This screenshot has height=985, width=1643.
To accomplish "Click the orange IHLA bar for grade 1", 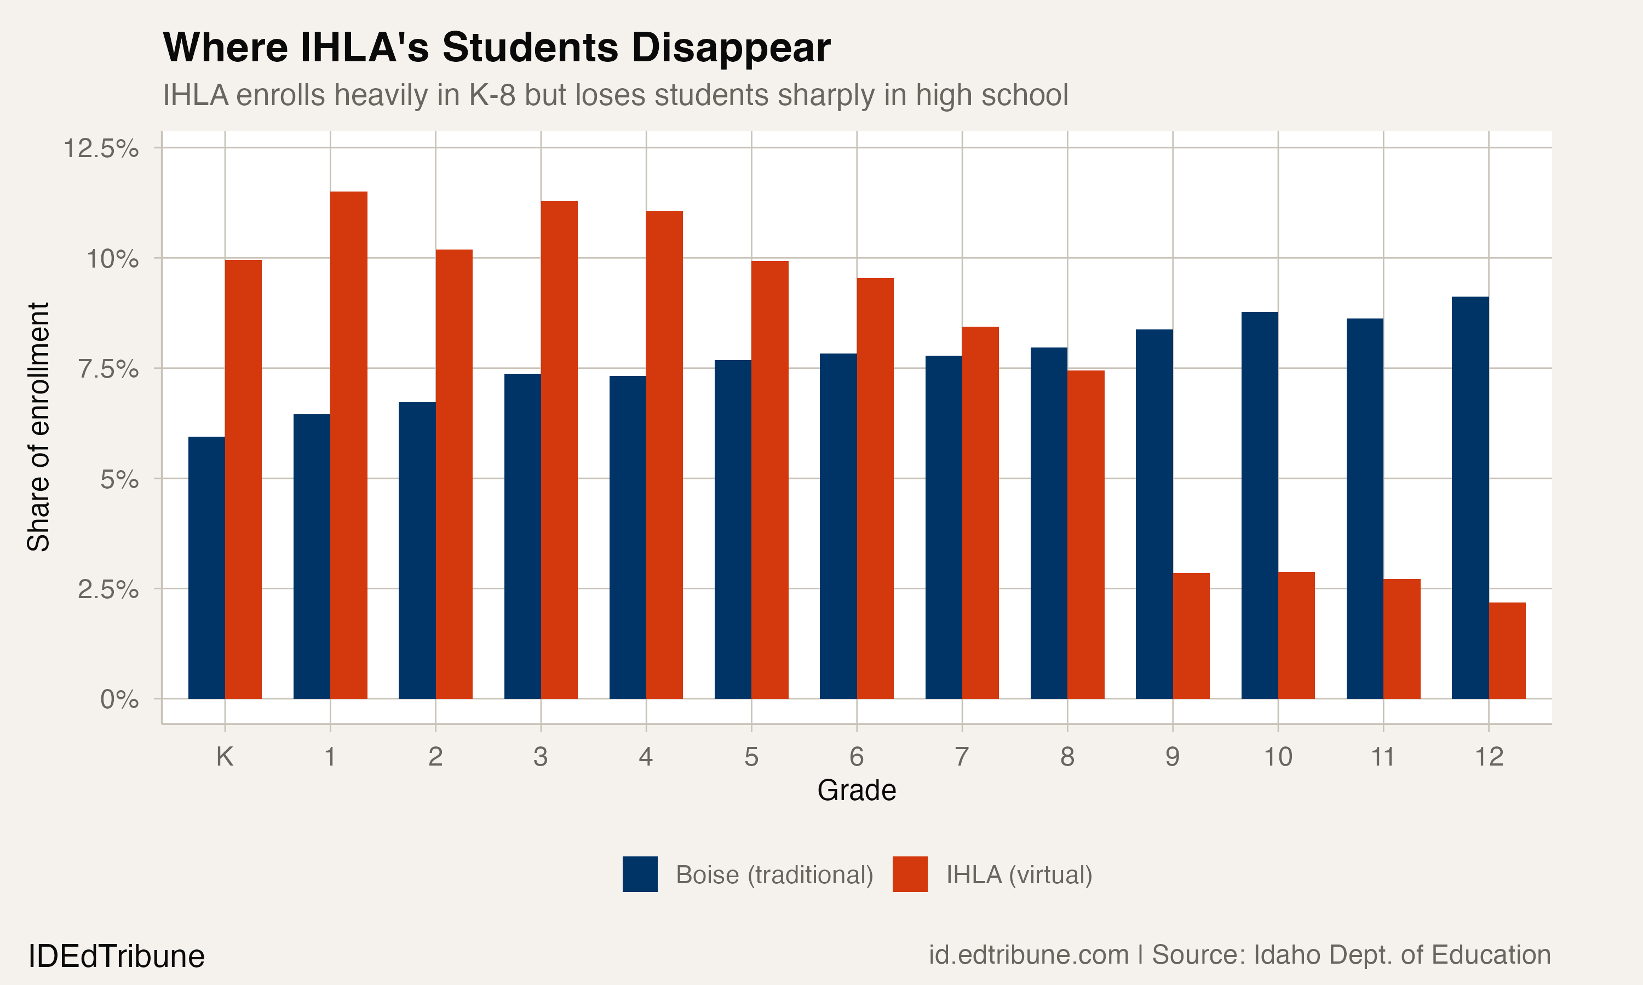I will pyautogui.click(x=349, y=445).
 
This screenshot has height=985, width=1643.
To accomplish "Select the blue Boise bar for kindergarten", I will pyautogui.click(x=206, y=567).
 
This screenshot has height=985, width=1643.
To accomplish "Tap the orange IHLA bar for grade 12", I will pyautogui.click(x=1507, y=651).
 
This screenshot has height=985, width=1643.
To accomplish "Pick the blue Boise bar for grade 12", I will pyautogui.click(x=1470, y=498).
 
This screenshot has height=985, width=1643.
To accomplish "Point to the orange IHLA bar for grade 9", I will pyautogui.click(x=1191, y=635).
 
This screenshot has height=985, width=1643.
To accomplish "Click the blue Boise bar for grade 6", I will pyautogui.click(x=838, y=526).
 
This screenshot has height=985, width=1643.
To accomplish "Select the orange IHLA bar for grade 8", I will pyautogui.click(x=1086, y=534).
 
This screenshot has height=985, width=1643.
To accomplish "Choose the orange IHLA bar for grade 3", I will pyautogui.click(x=559, y=449).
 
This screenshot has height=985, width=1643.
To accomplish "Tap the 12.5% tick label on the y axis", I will pyautogui.click(x=101, y=148).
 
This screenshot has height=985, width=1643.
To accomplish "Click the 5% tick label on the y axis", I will pyautogui.click(x=119, y=479).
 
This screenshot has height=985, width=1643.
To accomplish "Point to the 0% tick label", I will pyautogui.click(x=119, y=699).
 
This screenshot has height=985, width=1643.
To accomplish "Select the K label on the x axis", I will pyautogui.click(x=225, y=757).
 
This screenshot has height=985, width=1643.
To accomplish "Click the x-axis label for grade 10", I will pyautogui.click(x=1277, y=757).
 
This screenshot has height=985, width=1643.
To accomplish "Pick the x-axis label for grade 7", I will pyautogui.click(x=962, y=757).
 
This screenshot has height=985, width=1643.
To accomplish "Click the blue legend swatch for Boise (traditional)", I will pyautogui.click(x=640, y=874).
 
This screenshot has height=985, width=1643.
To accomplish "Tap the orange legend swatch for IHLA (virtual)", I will pyautogui.click(x=910, y=874).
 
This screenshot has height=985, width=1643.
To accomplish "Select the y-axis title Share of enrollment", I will pyautogui.click(x=38, y=427).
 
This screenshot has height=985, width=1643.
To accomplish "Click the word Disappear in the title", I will pyautogui.click(x=730, y=48).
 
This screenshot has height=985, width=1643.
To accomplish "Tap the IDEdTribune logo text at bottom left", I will pyautogui.click(x=116, y=957).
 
